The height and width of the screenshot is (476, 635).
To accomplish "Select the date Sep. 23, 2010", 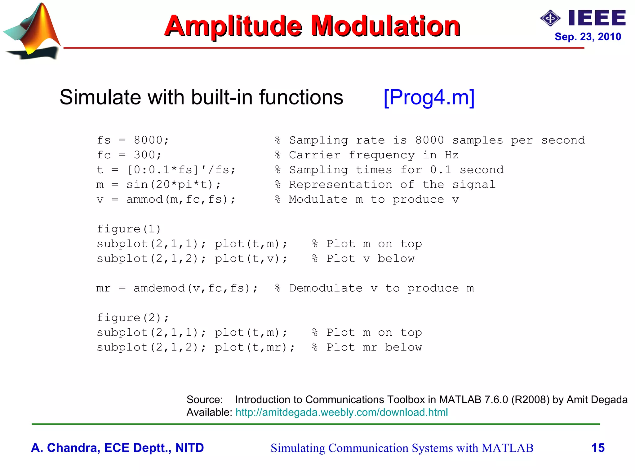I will tap(588, 37).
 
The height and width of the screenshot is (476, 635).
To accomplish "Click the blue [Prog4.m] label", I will tap(429, 97).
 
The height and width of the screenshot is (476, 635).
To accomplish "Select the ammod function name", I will tap(144, 200).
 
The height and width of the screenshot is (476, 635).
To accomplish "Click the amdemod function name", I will tap(159, 288).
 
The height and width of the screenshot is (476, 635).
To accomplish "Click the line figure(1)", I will tap(129, 229).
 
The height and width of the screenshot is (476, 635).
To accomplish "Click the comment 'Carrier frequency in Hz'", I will tap(374, 155).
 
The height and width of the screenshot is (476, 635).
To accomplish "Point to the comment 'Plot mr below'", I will tap(374, 347).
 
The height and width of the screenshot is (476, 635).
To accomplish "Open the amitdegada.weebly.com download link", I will tap(341, 412).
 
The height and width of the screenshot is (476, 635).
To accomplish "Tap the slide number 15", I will tap(598, 448).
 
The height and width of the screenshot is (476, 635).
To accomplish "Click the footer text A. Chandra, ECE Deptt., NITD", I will tap(117, 448).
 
